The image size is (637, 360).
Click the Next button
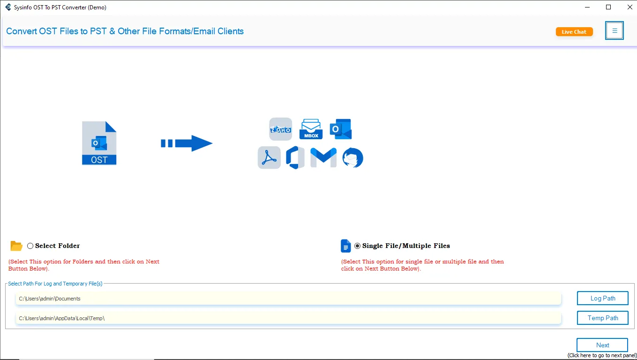point(602,345)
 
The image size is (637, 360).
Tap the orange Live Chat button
point(574,32)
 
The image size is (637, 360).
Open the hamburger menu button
point(615,30)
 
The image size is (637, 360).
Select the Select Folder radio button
point(30,246)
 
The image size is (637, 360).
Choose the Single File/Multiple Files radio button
point(358,246)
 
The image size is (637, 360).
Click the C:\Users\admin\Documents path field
point(288,299)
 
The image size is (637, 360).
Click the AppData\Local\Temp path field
point(288,318)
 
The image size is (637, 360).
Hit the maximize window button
point(608,7)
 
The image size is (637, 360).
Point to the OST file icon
point(99,143)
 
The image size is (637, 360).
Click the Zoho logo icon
point(280,129)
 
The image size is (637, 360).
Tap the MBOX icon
point(311,129)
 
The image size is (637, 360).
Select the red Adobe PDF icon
point(269,158)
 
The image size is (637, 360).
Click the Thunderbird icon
point(352,158)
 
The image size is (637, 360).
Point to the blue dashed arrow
point(187,143)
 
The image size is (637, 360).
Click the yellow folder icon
point(16,246)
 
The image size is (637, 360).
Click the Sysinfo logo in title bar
point(8,7)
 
